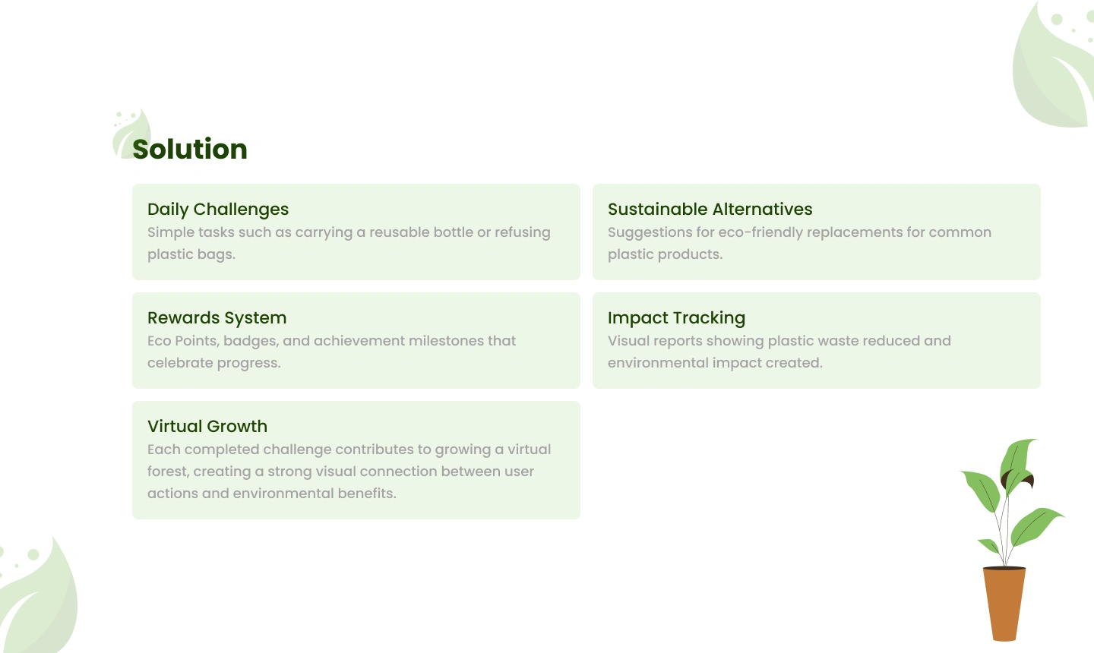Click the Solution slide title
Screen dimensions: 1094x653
(x=189, y=149)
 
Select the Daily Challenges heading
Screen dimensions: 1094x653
(x=218, y=210)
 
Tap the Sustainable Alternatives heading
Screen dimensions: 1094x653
(x=710, y=209)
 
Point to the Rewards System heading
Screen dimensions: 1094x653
(x=217, y=317)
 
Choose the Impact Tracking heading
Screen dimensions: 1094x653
(x=676, y=318)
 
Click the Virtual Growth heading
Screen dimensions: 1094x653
(x=207, y=426)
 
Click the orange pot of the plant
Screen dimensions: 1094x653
(x=1004, y=604)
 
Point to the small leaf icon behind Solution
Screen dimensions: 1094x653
(x=131, y=133)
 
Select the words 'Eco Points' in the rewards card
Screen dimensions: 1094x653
(x=183, y=341)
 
